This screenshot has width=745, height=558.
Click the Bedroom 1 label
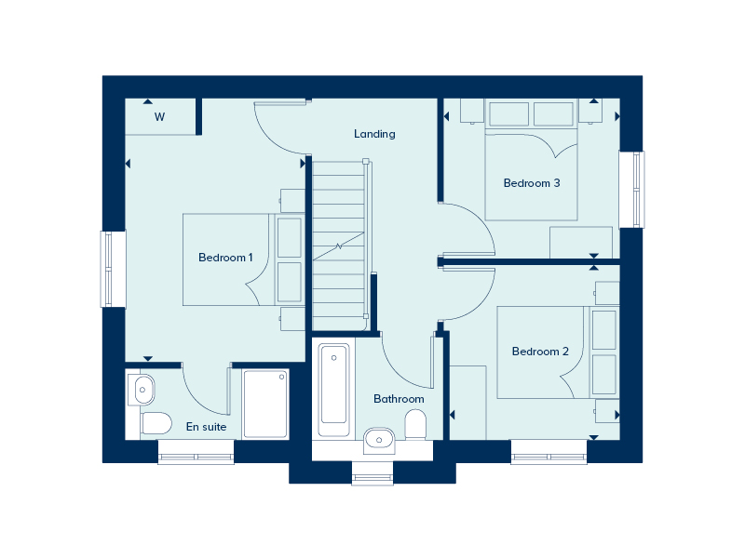point(225,258)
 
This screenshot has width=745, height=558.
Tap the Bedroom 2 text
point(540,352)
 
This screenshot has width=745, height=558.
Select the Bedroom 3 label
point(532,183)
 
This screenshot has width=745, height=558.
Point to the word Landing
point(374,134)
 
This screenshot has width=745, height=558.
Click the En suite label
point(206,428)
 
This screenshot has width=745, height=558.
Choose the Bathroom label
point(399,399)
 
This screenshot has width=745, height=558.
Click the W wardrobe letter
point(160,117)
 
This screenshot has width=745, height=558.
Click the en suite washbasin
point(142,388)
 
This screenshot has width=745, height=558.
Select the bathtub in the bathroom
point(333,389)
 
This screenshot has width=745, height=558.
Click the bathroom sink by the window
point(378,437)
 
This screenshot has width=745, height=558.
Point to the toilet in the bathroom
point(416,427)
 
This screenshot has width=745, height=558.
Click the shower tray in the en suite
point(265,401)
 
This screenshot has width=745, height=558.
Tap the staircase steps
point(339,242)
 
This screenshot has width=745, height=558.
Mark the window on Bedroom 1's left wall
point(114,269)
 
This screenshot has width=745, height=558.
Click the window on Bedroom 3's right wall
point(631,189)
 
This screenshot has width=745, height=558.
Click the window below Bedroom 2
point(549,457)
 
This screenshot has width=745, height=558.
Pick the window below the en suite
point(196,457)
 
